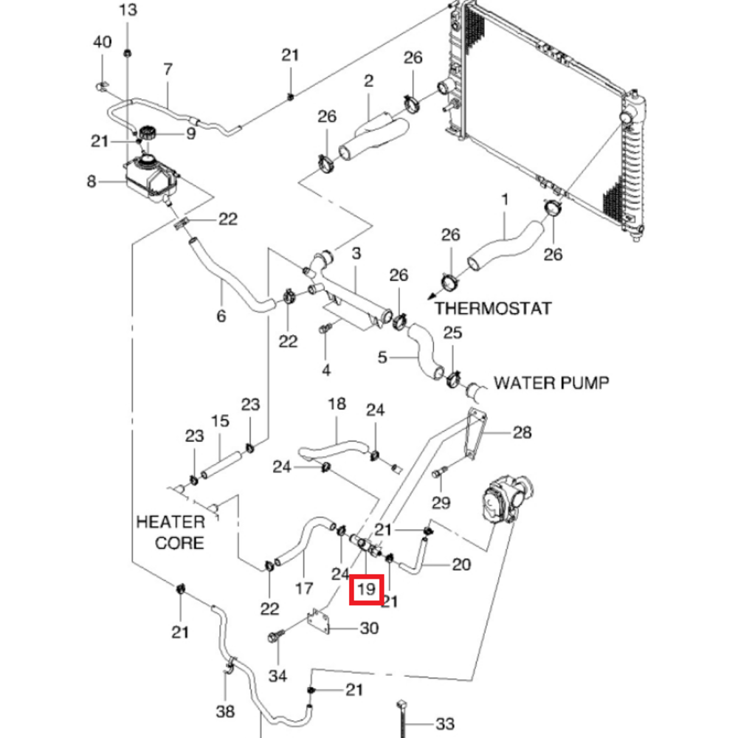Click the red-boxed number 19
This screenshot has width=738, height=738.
click(x=366, y=589)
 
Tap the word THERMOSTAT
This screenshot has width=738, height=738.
click(x=492, y=308)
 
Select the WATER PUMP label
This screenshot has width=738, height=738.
click(x=551, y=382)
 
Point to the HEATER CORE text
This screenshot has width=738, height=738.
click(x=170, y=532)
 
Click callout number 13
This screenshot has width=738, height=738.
click(x=128, y=10)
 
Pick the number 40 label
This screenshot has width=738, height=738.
click(x=102, y=42)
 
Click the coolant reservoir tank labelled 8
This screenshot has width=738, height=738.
click(x=151, y=178)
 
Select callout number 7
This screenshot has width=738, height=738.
click(x=168, y=69)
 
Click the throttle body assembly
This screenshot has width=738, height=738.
click(x=508, y=499)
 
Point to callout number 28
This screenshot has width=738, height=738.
click(x=522, y=432)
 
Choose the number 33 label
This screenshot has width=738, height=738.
click(x=445, y=723)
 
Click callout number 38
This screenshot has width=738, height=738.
click(x=225, y=711)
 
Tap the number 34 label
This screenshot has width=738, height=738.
click(x=277, y=676)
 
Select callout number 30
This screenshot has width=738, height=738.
click(x=369, y=628)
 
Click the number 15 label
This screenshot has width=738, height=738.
click(x=220, y=421)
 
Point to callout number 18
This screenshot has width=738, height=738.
click(x=337, y=404)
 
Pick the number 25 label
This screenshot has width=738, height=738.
click(x=453, y=333)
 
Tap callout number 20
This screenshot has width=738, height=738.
click(x=461, y=564)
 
